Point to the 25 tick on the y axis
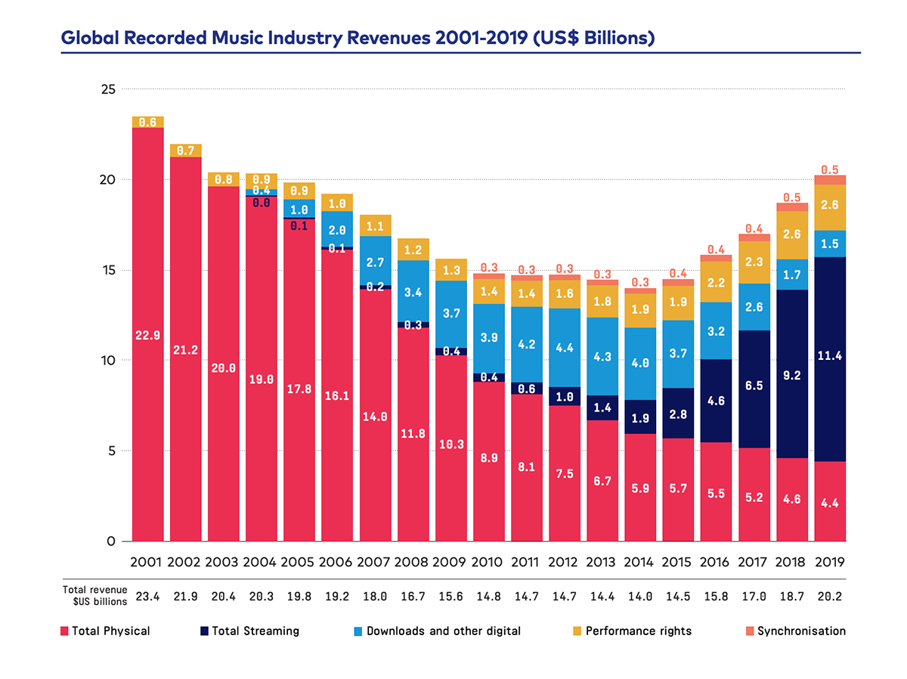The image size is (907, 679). pos(107,89)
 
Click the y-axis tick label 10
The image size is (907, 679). pos(107,361)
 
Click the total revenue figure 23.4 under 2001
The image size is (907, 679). pos(148,596)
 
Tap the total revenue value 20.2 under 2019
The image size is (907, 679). pos(829,596)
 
